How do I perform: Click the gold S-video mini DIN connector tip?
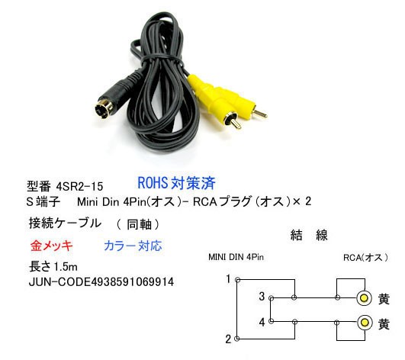103,109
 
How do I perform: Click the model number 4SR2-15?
79,186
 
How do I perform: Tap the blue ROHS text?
153,183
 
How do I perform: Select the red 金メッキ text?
51,246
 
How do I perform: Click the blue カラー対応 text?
133,246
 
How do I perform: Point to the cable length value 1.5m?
66,267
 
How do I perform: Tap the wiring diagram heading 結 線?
309,235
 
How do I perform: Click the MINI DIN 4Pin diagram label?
236,257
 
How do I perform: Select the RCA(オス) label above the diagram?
365,258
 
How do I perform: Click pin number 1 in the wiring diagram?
228,279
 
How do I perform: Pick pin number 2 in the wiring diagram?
228,339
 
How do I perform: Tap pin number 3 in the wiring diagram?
262,296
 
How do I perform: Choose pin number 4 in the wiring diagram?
262,322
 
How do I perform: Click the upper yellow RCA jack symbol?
364,298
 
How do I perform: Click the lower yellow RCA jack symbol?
365,323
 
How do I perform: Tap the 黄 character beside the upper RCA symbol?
384,299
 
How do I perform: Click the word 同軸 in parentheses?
139,225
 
